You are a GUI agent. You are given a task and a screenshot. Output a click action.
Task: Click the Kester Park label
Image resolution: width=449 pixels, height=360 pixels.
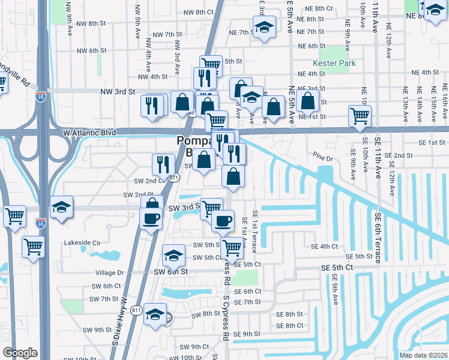click(x=334, y=63)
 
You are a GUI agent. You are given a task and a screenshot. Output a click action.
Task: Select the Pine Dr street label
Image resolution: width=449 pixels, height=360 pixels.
click(x=323, y=158)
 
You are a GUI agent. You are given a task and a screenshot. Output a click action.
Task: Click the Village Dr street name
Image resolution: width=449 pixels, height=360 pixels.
click(x=109, y=272)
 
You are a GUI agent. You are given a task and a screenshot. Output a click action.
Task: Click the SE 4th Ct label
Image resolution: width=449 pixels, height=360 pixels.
click(x=324, y=246)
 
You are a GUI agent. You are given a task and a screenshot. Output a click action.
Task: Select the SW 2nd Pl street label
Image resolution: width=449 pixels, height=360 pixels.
click(x=136, y=194)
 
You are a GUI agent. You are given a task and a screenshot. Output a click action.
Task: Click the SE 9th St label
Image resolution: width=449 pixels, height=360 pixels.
click(x=247, y=334)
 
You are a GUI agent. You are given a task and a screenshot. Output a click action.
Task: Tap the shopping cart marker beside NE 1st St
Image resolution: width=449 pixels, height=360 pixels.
click(x=360, y=115)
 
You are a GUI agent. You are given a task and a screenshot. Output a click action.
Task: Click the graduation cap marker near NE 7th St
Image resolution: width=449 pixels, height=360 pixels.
click(x=264, y=28)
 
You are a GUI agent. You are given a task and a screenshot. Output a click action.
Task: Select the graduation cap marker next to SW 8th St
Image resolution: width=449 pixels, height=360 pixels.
click(x=155, y=314)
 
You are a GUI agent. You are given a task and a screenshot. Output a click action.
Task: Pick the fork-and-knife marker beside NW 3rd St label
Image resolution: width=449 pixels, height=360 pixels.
click(x=153, y=106)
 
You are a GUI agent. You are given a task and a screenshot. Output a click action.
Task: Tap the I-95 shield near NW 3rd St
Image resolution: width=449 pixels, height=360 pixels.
click(x=40, y=98)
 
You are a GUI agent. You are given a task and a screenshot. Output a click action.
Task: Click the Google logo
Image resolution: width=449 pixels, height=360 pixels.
click(x=20, y=353)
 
